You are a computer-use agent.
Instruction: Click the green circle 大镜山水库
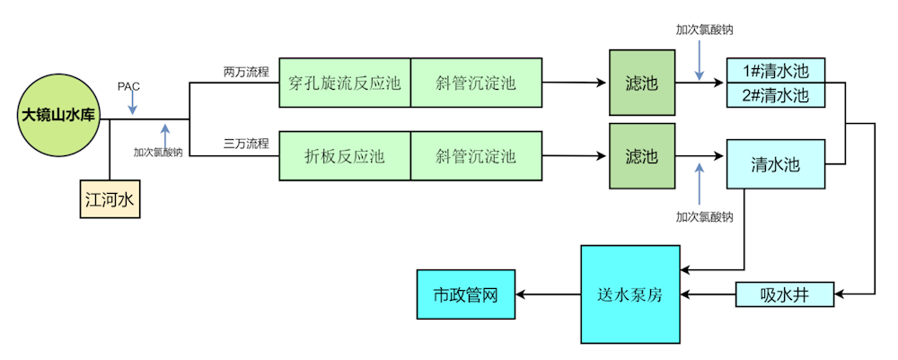pyautogui.click(x=58, y=115)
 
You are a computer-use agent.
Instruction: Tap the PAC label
pyautogui.click(x=129, y=86)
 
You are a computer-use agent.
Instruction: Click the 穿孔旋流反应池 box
pyautogui.click(x=345, y=83)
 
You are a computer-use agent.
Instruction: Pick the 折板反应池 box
pyautogui.click(x=345, y=156)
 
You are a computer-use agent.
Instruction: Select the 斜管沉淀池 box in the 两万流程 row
pyautogui.click(x=476, y=83)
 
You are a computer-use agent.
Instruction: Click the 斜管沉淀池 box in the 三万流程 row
pyautogui.click(x=476, y=156)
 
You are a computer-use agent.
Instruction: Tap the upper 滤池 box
pyautogui.click(x=641, y=83)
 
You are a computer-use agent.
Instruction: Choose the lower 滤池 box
pyautogui.click(x=641, y=156)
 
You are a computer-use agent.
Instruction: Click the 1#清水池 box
pyautogui.click(x=775, y=71)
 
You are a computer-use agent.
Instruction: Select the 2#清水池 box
pyautogui.click(x=775, y=94)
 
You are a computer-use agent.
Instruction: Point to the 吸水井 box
pyautogui.click(x=784, y=294)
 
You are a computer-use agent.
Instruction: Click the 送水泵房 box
pyautogui.click(x=629, y=294)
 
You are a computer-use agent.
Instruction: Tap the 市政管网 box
pyautogui.click(x=465, y=294)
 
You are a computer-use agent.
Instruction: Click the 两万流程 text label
pyautogui.click(x=246, y=71)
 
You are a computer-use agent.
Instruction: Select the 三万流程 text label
pyautogui.click(x=246, y=143)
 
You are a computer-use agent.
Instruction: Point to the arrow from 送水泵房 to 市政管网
pyautogui.click(x=547, y=294)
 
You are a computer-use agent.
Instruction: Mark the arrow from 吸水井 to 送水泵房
pyautogui.click(x=708, y=294)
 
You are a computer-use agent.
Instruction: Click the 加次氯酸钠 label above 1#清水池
pyautogui.click(x=705, y=29)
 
